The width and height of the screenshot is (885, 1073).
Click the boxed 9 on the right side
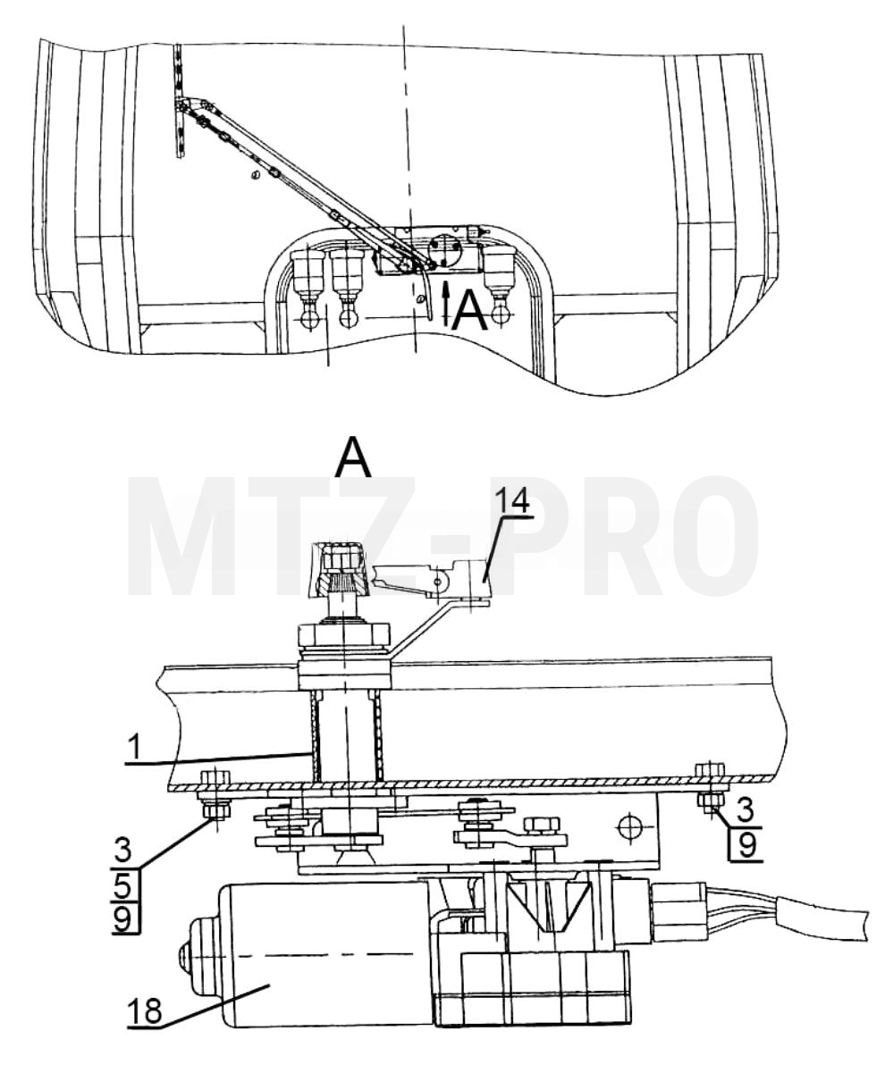pyautogui.click(x=746, y=844)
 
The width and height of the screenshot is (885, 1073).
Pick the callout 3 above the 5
pyautogui.click(x=122, y=851)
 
